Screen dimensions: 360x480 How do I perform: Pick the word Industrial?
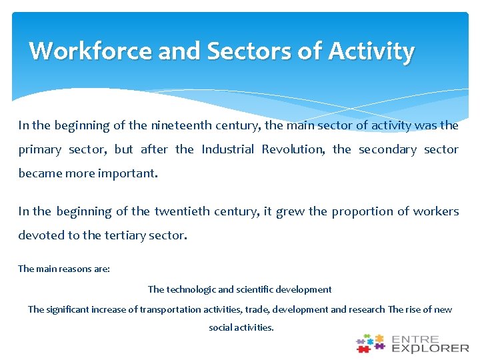tap(227, 149)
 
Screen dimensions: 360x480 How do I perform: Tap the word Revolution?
tap(293, 149)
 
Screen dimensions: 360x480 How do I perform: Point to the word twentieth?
tap(180, 211)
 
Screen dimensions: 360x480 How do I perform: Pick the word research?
tap(367, 309)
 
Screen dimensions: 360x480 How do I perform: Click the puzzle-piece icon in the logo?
tap(371, 343)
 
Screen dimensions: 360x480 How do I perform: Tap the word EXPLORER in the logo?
tap(431, 348)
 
